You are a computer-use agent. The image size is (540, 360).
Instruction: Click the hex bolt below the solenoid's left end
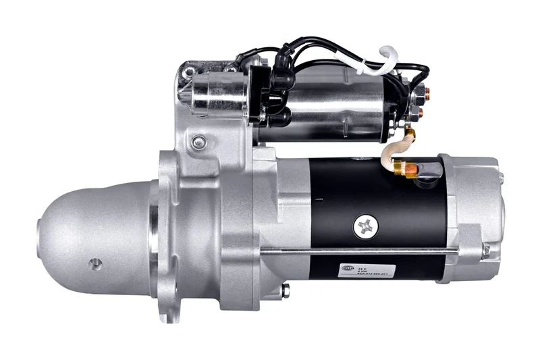coord(198,142)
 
